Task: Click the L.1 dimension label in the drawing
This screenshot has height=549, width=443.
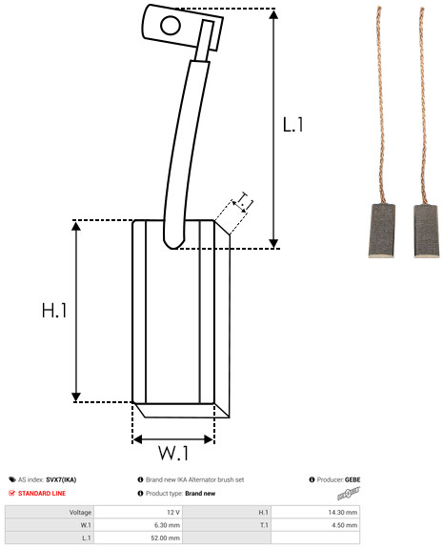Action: click(292, 125)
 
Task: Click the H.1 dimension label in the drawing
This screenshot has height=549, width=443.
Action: click(54, 310)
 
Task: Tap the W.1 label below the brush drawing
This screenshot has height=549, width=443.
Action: click(173, 453)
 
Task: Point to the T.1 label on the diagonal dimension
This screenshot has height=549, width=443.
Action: click(245, 201)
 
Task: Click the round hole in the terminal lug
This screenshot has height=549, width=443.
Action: click(171, 26)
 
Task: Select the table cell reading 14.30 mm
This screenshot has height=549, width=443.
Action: click(343, 512)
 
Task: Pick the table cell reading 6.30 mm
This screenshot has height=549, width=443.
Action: click(167, 525)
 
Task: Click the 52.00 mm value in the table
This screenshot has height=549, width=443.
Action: click(165, 538)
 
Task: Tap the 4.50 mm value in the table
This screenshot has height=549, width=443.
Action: click(344, 525)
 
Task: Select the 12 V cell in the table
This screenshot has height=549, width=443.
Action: click(173, 512)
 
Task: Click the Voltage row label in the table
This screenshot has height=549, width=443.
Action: click(80, 513)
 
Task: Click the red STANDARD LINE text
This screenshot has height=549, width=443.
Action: click(42, 494)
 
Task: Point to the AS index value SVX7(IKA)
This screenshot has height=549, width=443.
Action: click(61, 479)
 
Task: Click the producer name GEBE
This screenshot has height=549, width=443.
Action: click(352, 479)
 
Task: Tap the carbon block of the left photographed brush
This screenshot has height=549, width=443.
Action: click(382, 231)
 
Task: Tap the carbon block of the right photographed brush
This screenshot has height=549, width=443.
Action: click(426, 231)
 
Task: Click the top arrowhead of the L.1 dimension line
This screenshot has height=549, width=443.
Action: click(273, 14)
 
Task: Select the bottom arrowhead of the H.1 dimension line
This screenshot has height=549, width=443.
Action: click(76, 397)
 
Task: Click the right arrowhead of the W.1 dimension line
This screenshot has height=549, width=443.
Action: click(209, 439)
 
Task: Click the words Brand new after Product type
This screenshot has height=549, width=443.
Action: click(200, 494)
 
